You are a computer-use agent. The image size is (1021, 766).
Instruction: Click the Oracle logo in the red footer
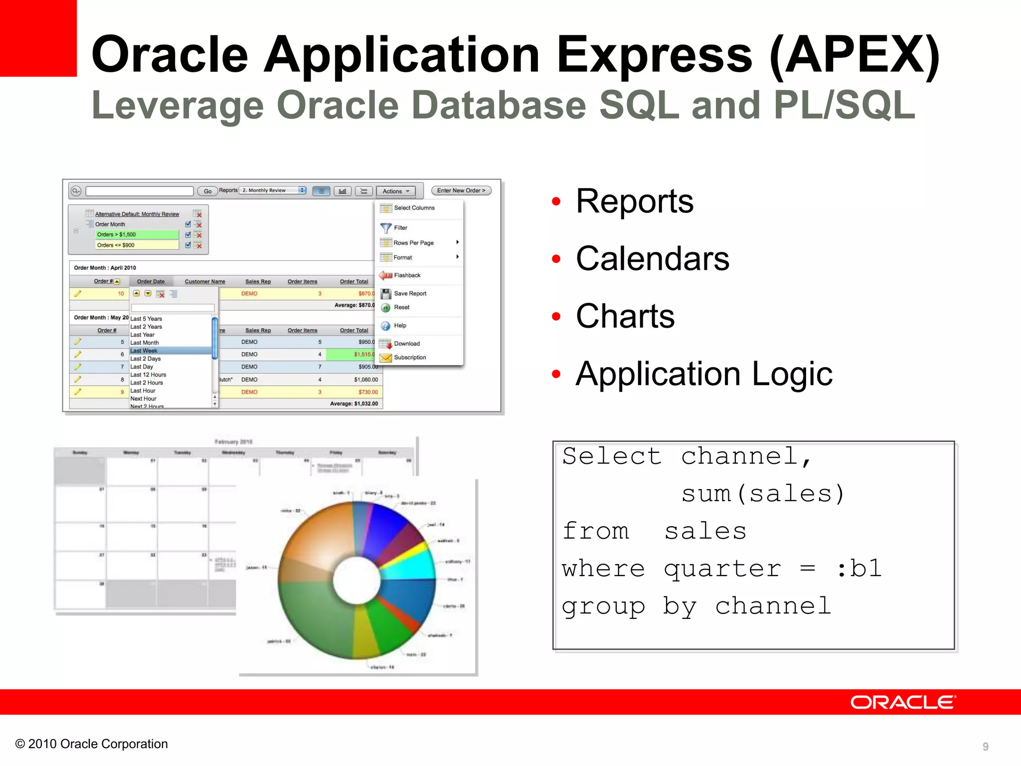pos(902,702)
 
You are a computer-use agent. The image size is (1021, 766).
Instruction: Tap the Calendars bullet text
pos(652,259)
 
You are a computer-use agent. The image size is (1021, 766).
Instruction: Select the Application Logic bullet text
pos(703,374)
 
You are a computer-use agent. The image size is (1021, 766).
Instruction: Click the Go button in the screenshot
pos(207,191)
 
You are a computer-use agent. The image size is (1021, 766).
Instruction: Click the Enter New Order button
pos(461,191)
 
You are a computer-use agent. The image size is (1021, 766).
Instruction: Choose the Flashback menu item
pos(407,275)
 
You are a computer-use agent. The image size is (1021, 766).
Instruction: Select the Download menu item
pos(406,344)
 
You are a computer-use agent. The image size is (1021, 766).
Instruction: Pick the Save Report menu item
pos(410,293)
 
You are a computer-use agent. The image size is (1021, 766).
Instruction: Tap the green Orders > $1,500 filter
pos(137,234)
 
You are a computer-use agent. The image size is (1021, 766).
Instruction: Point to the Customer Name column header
pos(205,281)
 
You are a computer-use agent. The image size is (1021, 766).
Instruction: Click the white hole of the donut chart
pos(356,580)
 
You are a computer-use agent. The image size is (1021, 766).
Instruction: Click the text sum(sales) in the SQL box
pos(763,494)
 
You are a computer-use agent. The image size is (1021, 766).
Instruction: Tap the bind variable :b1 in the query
pos(858,569)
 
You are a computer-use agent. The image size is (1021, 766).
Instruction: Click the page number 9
pos(985,746)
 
